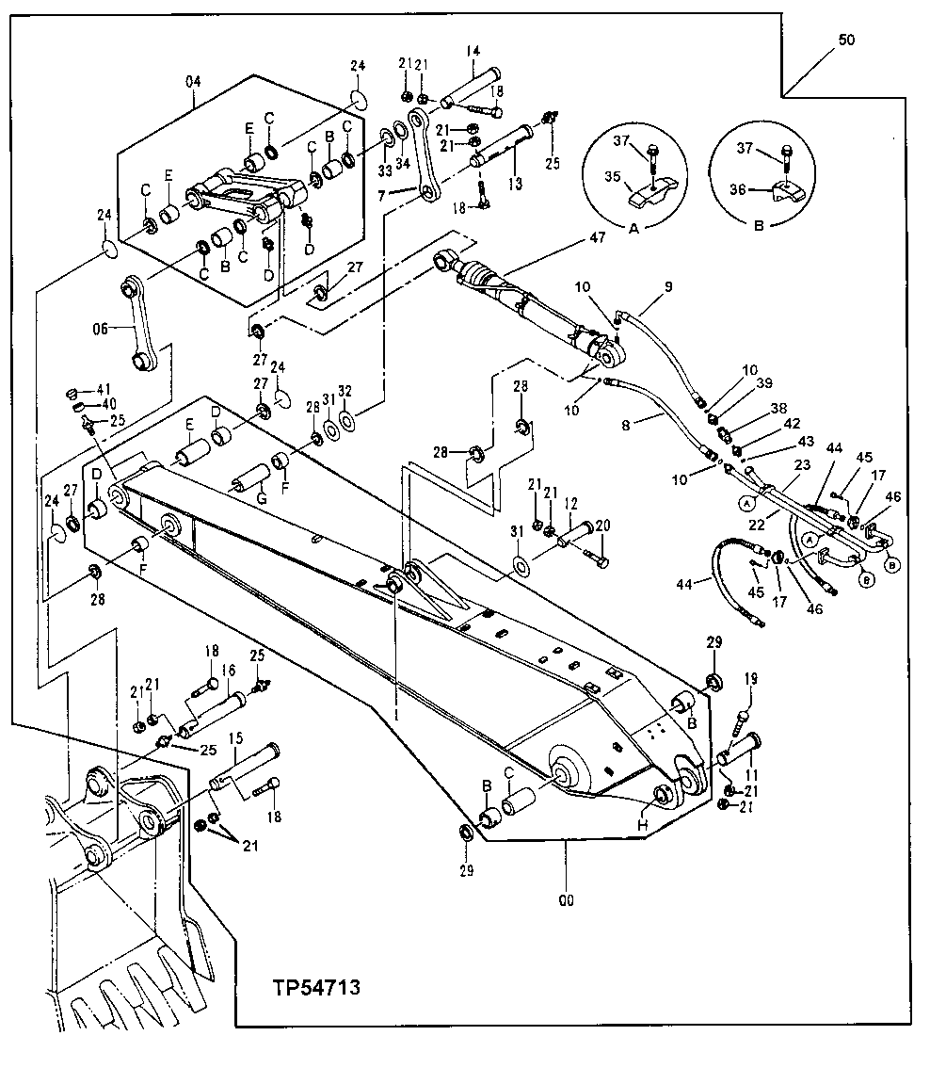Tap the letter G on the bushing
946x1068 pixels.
pos(261,496)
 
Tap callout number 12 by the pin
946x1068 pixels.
pos(569,505)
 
